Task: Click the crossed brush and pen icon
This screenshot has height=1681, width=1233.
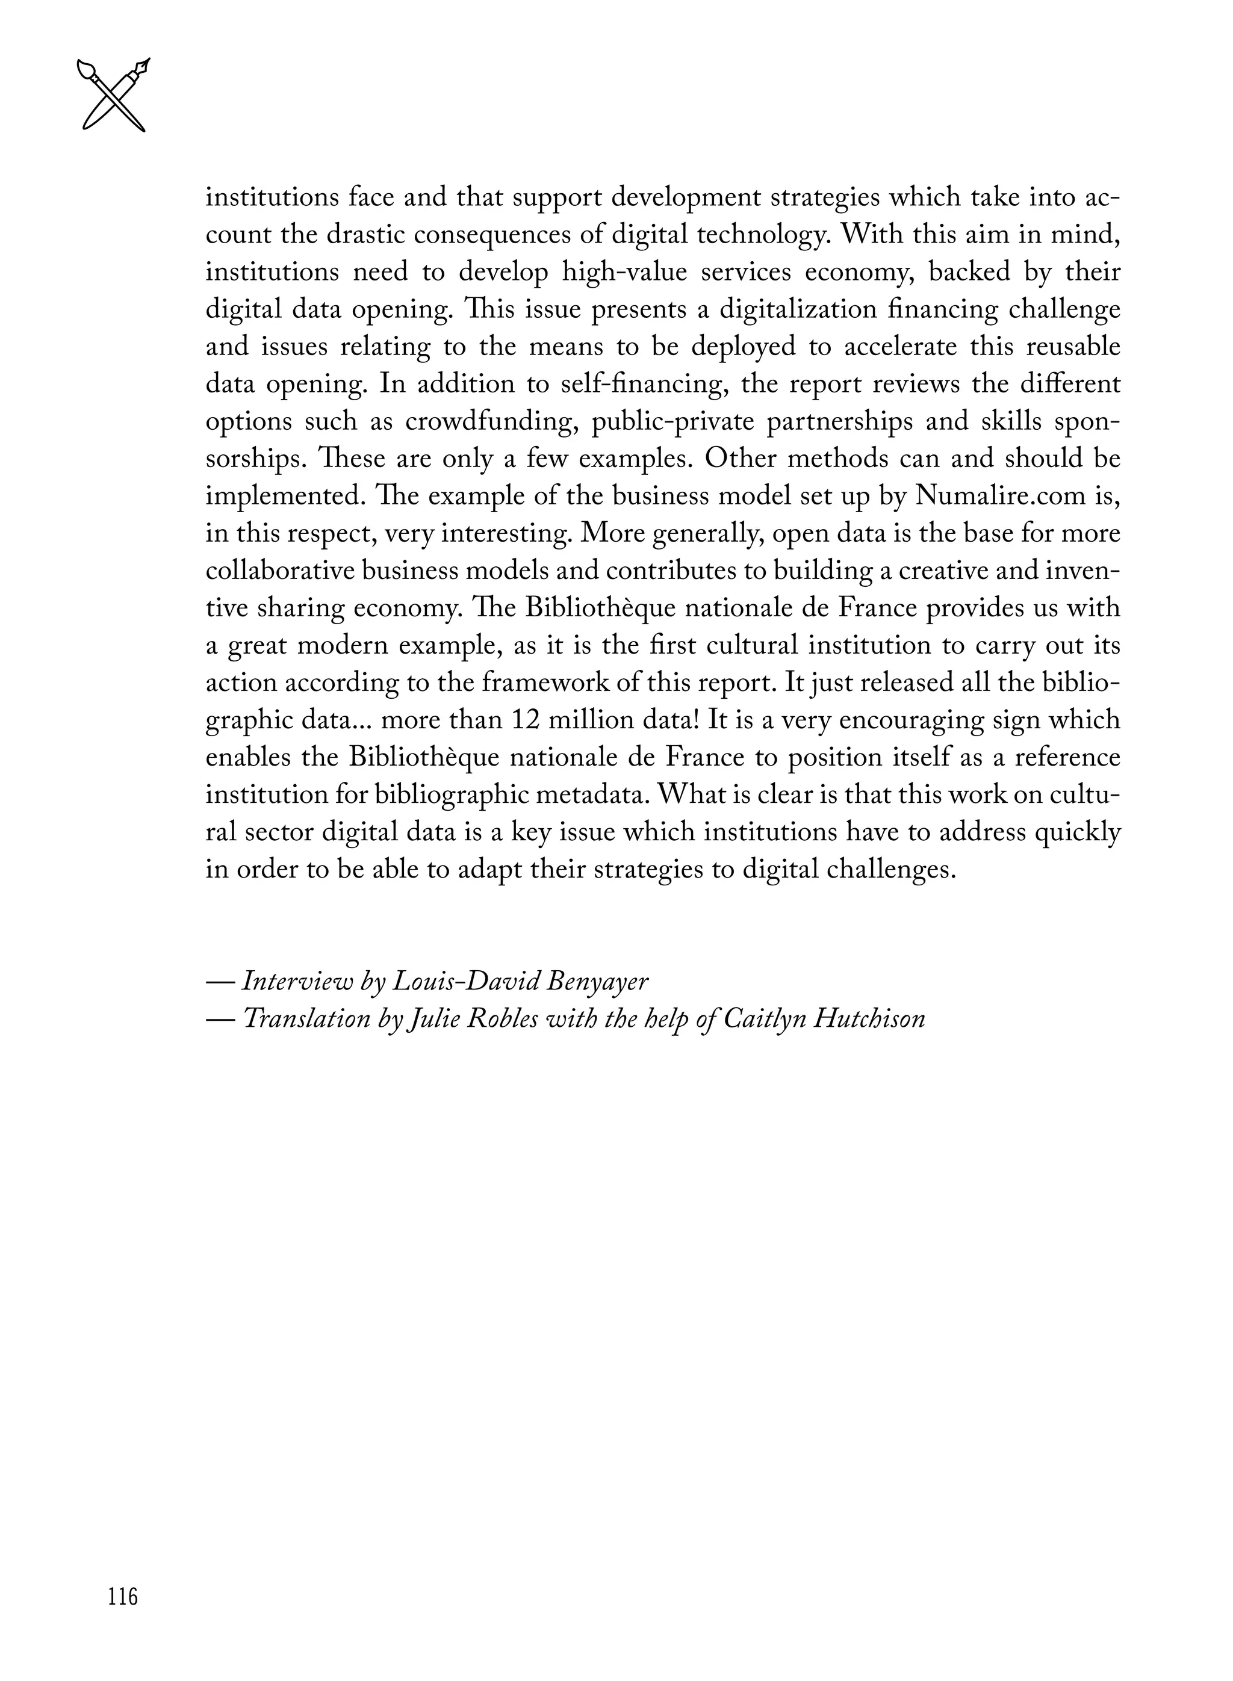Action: pyautogui.click(x=113, y=94)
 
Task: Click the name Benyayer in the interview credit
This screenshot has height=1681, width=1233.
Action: pyautogui.click(x=597, y=981)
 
